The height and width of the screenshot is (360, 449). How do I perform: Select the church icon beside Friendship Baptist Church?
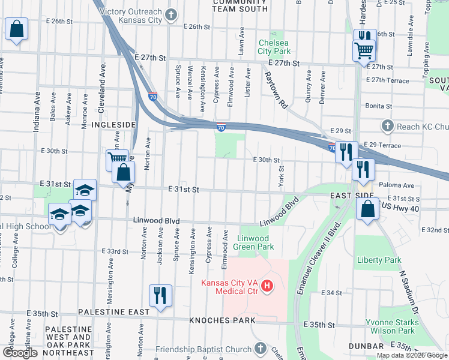[x=260, y=349]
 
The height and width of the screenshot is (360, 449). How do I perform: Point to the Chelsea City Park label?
[x=274, y=47]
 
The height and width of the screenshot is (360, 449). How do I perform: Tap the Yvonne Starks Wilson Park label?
[x=391, y=326]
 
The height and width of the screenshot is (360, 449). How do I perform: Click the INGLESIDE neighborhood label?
[x=112, y=124]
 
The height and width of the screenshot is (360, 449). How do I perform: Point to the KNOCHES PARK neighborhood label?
[x=214, y=321]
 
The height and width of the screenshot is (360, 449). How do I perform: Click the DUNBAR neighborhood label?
[x=366, y=347]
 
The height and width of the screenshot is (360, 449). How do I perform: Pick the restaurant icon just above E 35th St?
[x=160, y=296]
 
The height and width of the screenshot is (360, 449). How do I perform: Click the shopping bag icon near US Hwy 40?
[x=367, y=210]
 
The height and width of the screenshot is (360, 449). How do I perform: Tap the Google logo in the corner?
[x=20, y=353]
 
